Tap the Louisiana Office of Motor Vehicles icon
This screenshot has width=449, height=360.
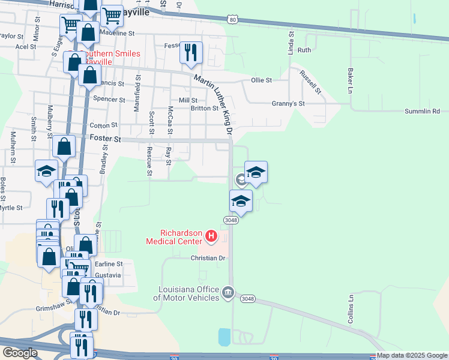coord(228,293)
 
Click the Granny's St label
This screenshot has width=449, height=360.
coord(289,103)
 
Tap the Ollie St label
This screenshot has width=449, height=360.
coord(261,80)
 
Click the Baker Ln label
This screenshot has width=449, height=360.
coord(349,81)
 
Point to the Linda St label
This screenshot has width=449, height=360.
coord(291,43)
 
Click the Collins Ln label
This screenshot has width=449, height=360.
coord(351,309)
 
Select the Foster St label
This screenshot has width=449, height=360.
coord(101,137)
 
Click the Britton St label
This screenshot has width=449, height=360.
coord(204,109)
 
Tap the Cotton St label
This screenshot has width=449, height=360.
coord(103,125)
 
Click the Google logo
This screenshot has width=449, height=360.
coord(20,353)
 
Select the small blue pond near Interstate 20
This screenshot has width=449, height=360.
coord(224,337)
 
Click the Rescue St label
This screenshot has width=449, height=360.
coord(149,161)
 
